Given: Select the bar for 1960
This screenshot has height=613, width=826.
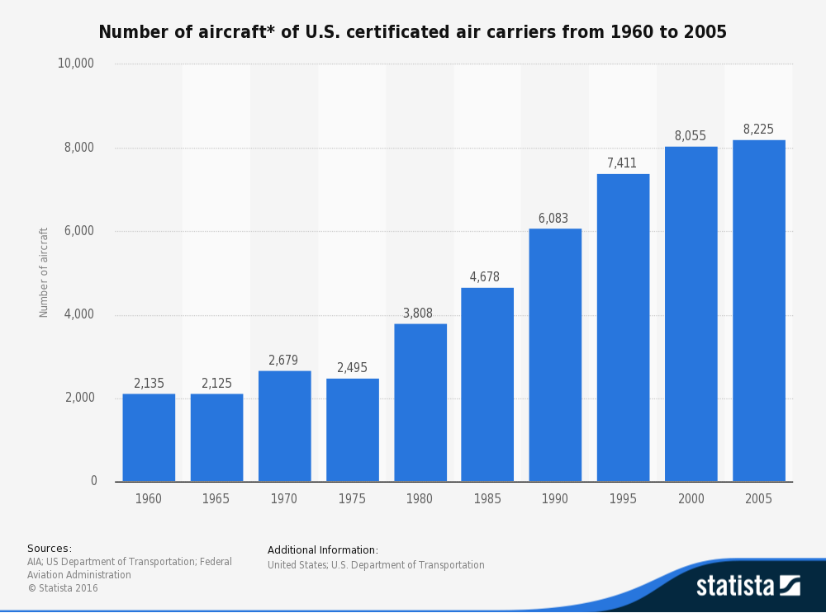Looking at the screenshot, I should tap(149, 437).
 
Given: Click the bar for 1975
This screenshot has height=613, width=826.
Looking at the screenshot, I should tap(353, 430).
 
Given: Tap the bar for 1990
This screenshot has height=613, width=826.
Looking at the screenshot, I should tap(555, 355).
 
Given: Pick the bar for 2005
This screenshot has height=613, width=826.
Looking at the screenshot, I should tap(758, 310).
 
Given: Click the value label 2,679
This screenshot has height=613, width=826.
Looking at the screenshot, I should tap(283, 361).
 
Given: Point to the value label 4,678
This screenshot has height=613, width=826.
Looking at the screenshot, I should tap(485, 277).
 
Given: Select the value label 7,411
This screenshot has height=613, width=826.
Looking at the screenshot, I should tap(622, 163).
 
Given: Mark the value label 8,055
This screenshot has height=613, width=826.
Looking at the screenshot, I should tap(691, 136).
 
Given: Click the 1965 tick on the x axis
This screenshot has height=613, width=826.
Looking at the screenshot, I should tap(216, 499).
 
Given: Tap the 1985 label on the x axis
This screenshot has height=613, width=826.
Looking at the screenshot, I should tap(487, 499).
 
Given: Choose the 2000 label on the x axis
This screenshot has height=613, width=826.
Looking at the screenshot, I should tap(691, 499).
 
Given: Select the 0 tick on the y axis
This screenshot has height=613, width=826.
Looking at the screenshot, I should tap(93, 481).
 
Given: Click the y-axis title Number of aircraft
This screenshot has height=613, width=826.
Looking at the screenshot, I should tap(44, 272).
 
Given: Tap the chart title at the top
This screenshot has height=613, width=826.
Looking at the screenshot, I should tap(412, 32).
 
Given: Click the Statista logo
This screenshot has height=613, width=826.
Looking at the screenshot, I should tap(748, 586).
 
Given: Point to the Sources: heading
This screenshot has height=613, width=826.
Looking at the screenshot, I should tap(50, 549).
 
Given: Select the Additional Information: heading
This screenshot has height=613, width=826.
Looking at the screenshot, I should tap(323, 550).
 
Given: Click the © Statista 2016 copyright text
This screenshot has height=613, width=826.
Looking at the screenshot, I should tap(63, 588).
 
